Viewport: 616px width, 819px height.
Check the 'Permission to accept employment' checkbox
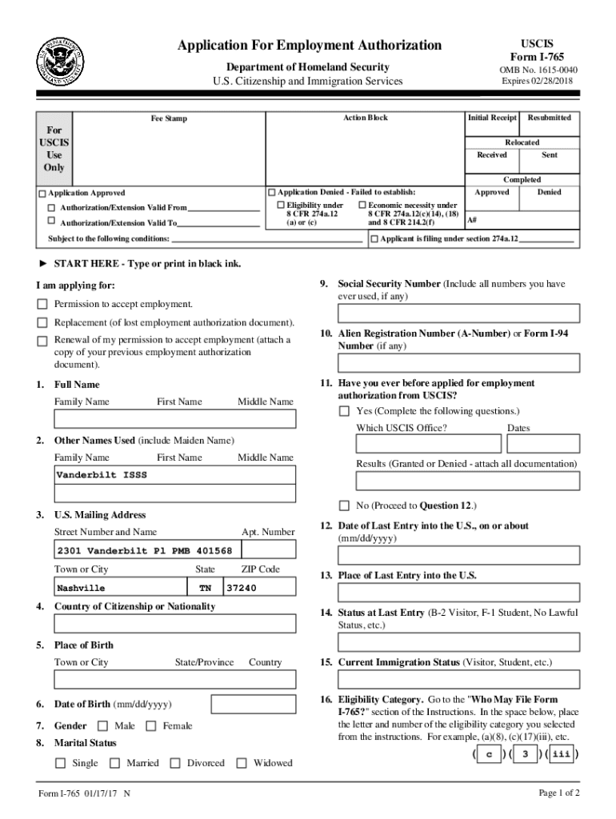point(42,304)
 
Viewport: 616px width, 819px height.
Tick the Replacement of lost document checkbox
point(42,322)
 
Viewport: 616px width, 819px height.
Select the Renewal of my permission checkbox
point(42,341)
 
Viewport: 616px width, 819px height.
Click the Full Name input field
point(174,419)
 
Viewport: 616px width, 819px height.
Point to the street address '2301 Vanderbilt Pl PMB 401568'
point(145,551)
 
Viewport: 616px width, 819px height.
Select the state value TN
point(205,588)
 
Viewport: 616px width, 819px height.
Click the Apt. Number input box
point(268,551)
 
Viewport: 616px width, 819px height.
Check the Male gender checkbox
point(102,726)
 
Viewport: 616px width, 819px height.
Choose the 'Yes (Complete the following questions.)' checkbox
point(344,411)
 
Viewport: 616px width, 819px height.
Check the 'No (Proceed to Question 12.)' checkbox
point(344,505)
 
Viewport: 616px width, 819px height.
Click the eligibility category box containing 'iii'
point(562,754)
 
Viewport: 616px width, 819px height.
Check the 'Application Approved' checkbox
point(42,194)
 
